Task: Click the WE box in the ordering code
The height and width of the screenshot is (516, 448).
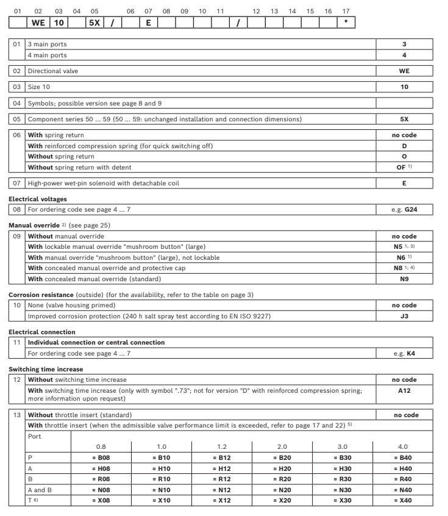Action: (38, 23)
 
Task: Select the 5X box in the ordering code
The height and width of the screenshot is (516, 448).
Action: (94, 23)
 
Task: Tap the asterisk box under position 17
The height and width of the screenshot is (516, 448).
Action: (346, 23)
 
